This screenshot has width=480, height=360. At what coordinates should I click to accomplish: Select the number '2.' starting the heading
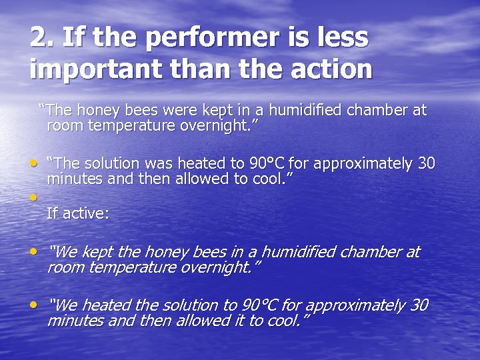(x=42, y=38)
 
